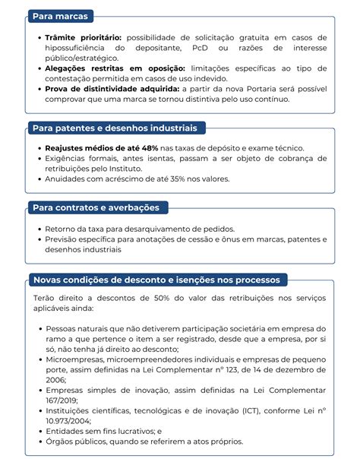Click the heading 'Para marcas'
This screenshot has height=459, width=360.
(x=59, y=16)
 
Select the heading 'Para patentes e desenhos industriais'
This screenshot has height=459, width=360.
(x=113, y=128)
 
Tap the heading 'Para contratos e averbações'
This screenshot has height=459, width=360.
(x=96, y=207)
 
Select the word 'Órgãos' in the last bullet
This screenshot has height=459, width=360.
(x=61, y=441)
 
